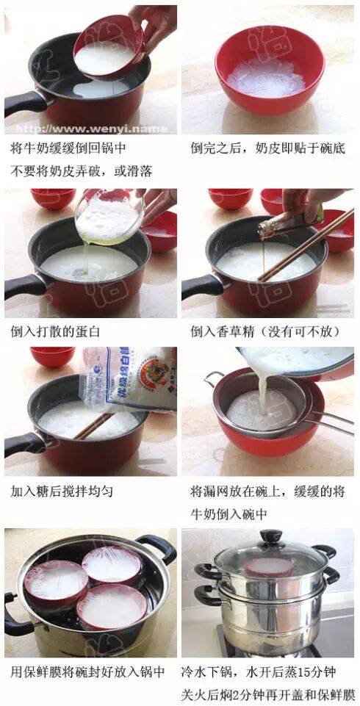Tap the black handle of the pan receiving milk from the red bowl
(x=25, y=103)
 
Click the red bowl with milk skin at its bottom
(x=270, y=70)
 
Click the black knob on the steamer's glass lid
(x=271, y=537)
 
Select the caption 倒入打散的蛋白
(x=55, y=332)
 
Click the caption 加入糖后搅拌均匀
(x=62, y=491)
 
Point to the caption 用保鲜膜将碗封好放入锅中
(x=87, y=672)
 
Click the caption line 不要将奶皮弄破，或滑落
(x=82, y=171)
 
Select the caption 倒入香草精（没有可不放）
(x=265, y=332)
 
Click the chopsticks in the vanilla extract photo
(x=306, y=245)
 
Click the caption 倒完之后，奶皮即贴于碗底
(x=267, y=148)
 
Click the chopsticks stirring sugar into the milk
(x=93, y=426)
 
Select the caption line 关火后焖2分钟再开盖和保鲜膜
(x=268, y=694)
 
